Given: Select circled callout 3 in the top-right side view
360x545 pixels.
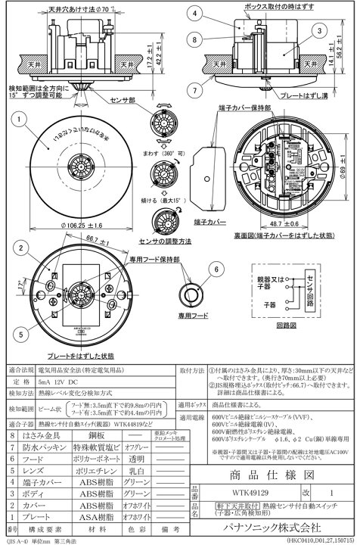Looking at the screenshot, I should tap(321, 30).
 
